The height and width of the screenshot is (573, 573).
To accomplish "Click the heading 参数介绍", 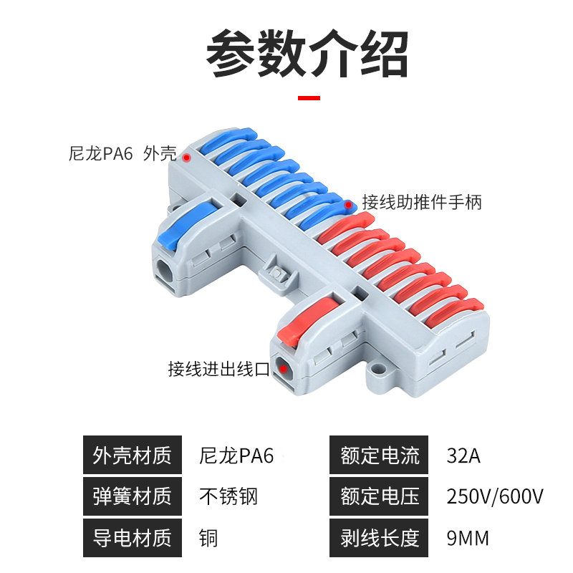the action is (x=307, y=54).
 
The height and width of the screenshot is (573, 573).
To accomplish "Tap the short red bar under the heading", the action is (x=309, y=97).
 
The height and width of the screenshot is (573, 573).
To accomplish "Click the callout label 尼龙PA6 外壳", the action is (x=122, y=153).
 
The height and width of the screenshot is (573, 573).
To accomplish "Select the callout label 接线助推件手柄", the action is (x=422, y=203).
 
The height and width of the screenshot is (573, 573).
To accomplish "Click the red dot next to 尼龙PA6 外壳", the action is (x=187, y=157).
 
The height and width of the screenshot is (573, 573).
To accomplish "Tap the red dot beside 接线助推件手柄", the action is (x=349, y=206).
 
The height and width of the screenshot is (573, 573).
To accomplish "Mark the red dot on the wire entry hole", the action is (x=284, y=370).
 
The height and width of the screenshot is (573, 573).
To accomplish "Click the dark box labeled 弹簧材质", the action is (x=132, y=496).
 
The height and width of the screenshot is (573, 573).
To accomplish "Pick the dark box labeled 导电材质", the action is (x=132, y=537).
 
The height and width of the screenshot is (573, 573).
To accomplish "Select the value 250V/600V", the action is (x=494, y=496).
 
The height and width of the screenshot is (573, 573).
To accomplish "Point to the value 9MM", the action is (x=468, y=537).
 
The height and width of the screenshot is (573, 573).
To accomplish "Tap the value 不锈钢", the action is (x=228, y=496).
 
